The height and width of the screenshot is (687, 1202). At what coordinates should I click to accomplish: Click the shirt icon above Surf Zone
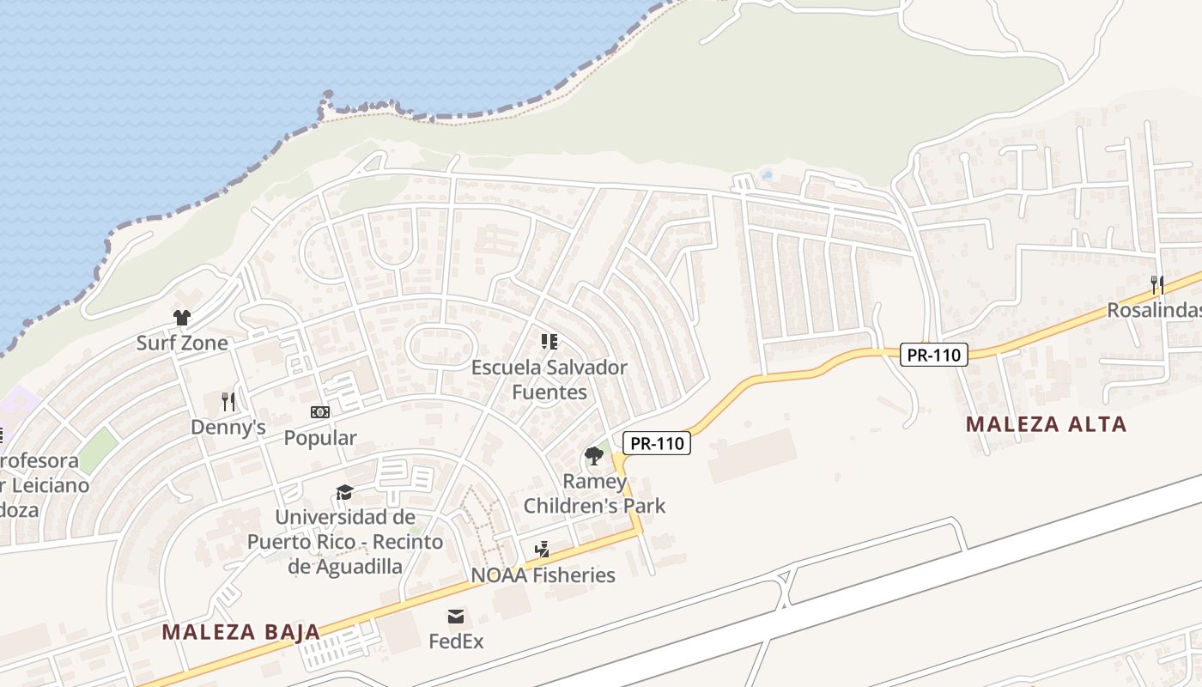point(181,318)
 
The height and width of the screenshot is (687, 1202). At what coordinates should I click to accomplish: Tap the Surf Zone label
point(182,343)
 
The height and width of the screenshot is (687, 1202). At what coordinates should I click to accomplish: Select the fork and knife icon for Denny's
point(228,401)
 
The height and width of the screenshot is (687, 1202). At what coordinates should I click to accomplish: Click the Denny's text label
point(228,427)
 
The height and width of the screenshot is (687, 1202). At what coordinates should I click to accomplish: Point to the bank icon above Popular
point(320,412)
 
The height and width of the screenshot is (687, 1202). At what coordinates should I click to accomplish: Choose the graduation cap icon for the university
point(344,492)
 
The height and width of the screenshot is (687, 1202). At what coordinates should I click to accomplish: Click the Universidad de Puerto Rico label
point(345,542)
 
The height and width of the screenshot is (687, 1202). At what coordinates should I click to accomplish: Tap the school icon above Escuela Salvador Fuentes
point(549,342)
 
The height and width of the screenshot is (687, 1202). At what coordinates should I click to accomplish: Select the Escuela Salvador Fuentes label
point(549,380)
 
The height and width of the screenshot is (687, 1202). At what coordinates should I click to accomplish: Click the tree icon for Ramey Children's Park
point(593,455)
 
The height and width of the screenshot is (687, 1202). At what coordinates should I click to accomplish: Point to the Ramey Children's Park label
point(595,493)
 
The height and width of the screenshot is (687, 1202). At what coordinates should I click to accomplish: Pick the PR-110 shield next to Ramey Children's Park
point(657,443)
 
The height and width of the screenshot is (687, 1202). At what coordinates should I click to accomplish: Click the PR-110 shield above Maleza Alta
point(934,354)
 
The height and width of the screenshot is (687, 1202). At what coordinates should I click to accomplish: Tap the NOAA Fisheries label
point(543,575)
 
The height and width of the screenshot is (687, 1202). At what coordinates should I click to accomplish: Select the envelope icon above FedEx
point(456,616)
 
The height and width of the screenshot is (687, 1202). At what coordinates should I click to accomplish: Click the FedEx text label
point(457,641)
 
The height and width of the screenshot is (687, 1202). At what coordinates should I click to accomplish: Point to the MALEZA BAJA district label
point(241,632)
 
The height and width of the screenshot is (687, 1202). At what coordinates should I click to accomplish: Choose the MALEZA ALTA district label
point(1046,424)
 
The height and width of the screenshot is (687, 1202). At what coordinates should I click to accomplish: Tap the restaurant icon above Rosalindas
point(1157,284)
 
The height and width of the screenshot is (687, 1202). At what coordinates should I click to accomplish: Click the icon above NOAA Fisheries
point(542,550)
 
